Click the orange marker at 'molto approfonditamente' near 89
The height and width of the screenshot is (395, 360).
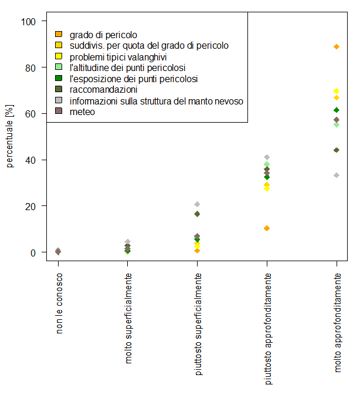[x=337, y=46]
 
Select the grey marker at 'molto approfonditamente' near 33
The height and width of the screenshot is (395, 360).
[x=337, y=175]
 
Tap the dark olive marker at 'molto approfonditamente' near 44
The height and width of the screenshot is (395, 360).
[x=337, y=150]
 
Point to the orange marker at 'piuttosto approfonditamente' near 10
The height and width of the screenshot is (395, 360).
[x=267, y=228]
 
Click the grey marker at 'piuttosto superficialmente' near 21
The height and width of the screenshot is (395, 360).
[x=197, y=204]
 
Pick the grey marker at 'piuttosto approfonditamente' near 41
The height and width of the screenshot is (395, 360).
[x=267, y=157]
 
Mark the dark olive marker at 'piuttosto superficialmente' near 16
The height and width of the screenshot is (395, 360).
[x=197, y=214]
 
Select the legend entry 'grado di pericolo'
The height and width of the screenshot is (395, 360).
[x=103, y=35]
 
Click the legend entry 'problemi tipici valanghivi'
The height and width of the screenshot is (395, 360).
[x=118, y=57]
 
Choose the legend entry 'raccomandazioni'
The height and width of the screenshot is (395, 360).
[x=103, y=90]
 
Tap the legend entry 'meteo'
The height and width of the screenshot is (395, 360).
[x=82, y=112]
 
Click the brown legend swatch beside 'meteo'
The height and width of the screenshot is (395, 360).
[x=58, y=112]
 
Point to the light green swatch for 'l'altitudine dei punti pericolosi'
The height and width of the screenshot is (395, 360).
[x=58, y=67]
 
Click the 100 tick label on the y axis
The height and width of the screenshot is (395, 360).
[x=29, y=22]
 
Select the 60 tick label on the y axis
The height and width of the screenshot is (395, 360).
[x=30, y=114]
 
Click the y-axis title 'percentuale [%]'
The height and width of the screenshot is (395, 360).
[x=10, y=137]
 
